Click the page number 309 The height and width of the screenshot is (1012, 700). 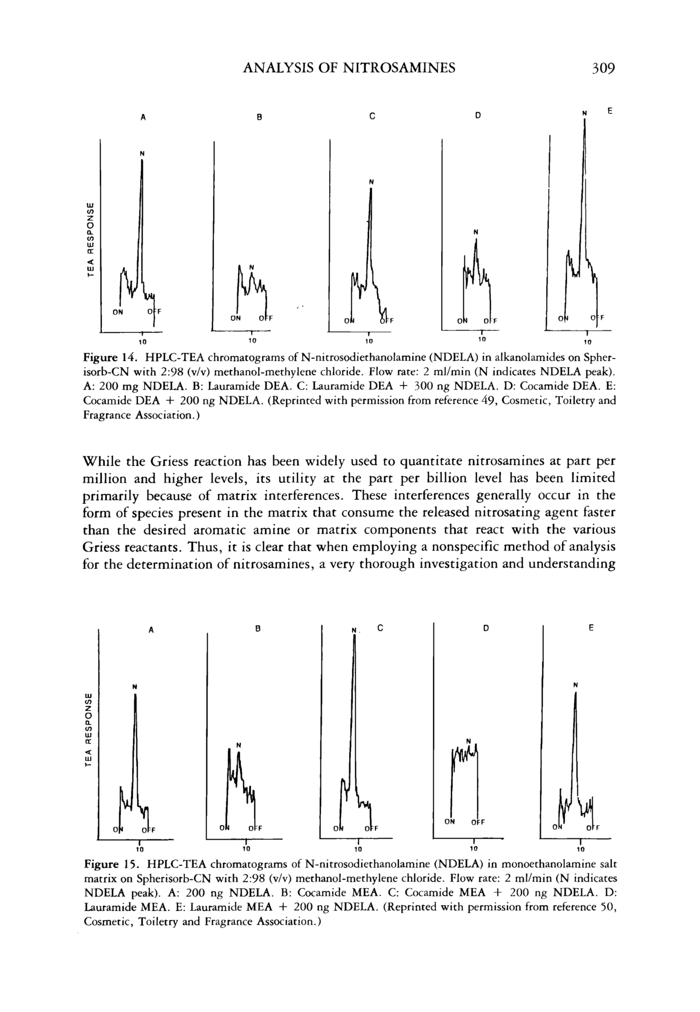coord(603,68)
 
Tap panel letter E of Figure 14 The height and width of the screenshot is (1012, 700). coord(609,111)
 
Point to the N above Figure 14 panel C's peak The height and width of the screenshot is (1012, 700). coord(371,181)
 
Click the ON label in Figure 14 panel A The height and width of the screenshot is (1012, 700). coord(118,312)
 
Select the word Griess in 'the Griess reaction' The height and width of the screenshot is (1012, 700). coord(170,462)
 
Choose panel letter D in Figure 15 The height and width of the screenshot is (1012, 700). coord(485,628)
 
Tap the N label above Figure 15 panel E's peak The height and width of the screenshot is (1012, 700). coord(576,685)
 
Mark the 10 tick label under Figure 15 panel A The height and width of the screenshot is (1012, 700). coord(139,849)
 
